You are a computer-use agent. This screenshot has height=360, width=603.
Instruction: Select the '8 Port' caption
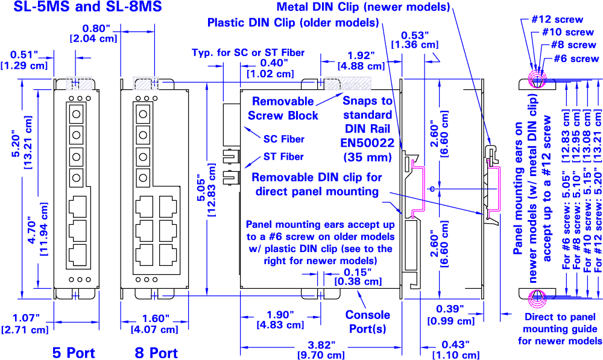click(156, 352)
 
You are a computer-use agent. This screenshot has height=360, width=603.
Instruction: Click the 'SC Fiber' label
click(283, 139)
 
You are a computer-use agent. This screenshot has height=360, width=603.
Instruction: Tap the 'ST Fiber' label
click(283, 157)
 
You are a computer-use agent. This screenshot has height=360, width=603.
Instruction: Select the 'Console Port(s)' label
click(368, 321)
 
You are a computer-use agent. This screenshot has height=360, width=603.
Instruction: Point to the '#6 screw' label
click(576, 58)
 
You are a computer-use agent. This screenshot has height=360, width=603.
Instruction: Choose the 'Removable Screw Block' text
click(282, 107)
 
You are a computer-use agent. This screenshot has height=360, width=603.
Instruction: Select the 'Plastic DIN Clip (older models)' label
click(292, 23)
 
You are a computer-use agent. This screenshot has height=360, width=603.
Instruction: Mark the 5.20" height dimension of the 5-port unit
click(14, 154)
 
